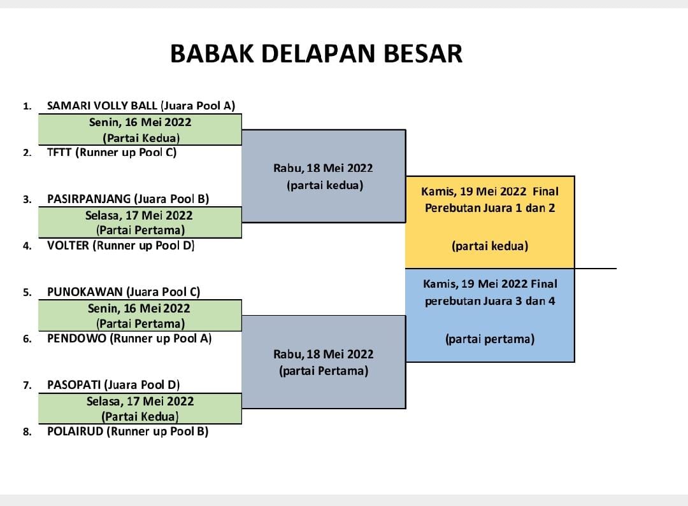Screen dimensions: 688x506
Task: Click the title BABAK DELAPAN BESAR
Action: pos(316,53)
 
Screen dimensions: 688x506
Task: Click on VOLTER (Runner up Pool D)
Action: pos(120,245)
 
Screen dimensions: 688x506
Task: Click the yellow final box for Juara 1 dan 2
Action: pos(490,222)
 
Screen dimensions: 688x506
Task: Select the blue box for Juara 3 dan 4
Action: pos(490,315)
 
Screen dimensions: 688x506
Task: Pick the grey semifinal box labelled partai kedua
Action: pos(324,176)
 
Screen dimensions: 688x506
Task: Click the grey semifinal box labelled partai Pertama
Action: pos(324,362)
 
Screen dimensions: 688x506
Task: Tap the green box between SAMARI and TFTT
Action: pos(140,129)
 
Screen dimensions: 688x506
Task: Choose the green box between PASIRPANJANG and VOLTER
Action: pos(140,222)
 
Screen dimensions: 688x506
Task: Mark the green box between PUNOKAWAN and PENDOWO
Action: pos(140,315)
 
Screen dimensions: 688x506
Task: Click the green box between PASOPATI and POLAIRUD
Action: pos(140,408)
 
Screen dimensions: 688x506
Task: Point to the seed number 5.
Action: pos(27,293)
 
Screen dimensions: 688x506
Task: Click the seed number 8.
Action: pos(27,432)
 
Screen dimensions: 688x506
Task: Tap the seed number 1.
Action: pos(27,106)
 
